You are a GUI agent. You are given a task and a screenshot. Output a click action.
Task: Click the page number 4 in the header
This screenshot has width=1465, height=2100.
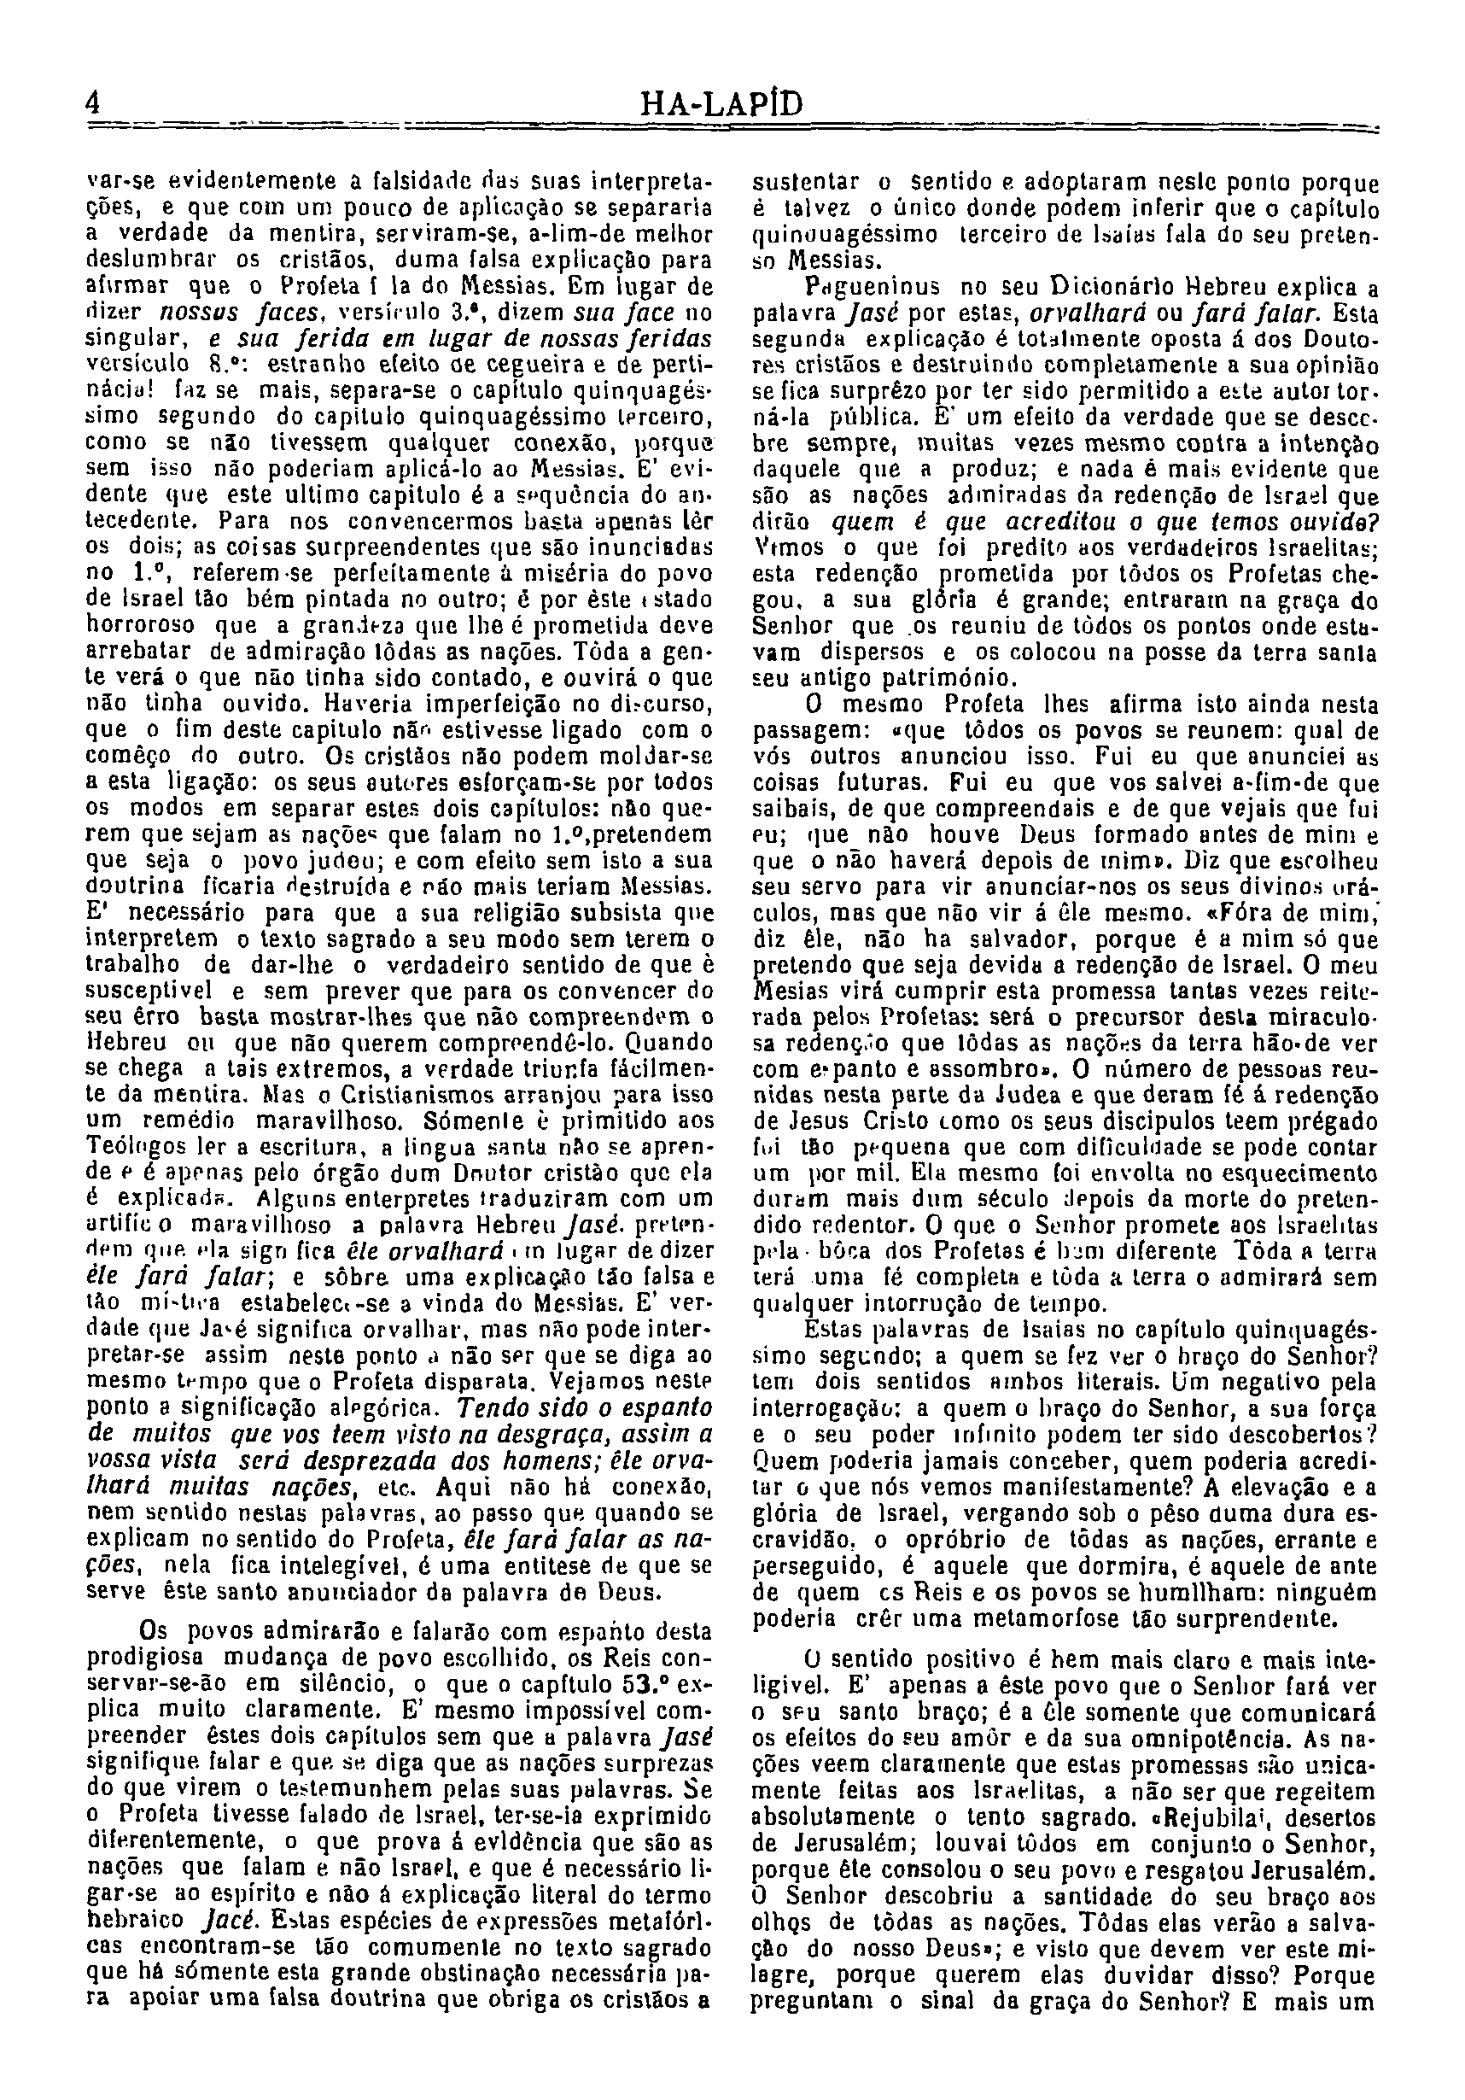pos(92,102)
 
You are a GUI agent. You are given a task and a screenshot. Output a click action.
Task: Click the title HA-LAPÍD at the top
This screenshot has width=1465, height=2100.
pos(722,103)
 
